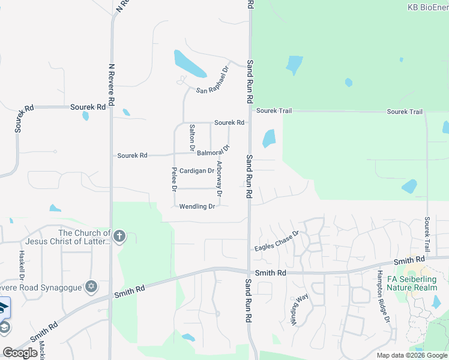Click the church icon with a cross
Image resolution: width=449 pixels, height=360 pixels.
tap(119, 236)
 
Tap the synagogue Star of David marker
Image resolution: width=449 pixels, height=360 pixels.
tap(91, 286)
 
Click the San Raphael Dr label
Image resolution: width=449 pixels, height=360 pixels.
tap(213, 81)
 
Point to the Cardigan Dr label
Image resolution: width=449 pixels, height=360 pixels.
tap(197, 170)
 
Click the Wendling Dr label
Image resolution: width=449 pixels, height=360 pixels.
tap(197, 206)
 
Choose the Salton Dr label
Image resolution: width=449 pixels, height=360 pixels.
tap(192, 137)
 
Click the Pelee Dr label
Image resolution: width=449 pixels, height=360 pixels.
tap(174, 179)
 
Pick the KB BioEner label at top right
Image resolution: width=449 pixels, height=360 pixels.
tap(427, 7)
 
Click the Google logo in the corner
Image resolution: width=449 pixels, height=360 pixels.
tap(20, 353)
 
